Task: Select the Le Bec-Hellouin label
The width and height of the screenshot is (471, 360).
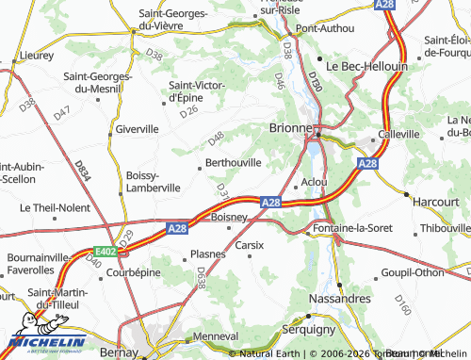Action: (366, 67)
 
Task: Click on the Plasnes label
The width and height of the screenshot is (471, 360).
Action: (207, 254)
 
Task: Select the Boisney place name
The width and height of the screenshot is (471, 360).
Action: (229, 217)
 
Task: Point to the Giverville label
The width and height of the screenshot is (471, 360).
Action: (136, 128)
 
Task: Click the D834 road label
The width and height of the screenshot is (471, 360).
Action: (83, 170)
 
